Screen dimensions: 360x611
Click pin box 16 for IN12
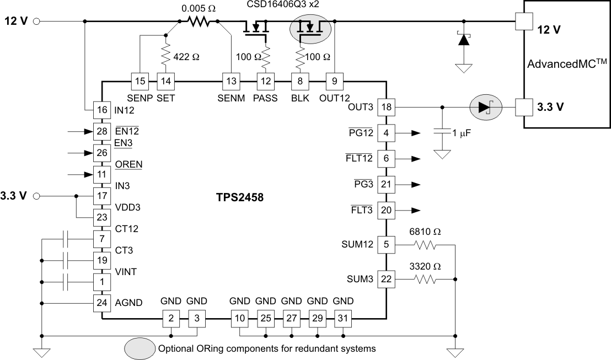(x=102, y=110)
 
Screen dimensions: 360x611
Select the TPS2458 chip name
(x=240, y=197)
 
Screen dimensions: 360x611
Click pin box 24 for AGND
(x=102, y=303)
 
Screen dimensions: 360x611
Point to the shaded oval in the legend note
(x=140, y=348)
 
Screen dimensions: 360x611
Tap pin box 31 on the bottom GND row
(x=343, y=318)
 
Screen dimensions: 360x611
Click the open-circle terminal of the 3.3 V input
(x=37, y=196)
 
